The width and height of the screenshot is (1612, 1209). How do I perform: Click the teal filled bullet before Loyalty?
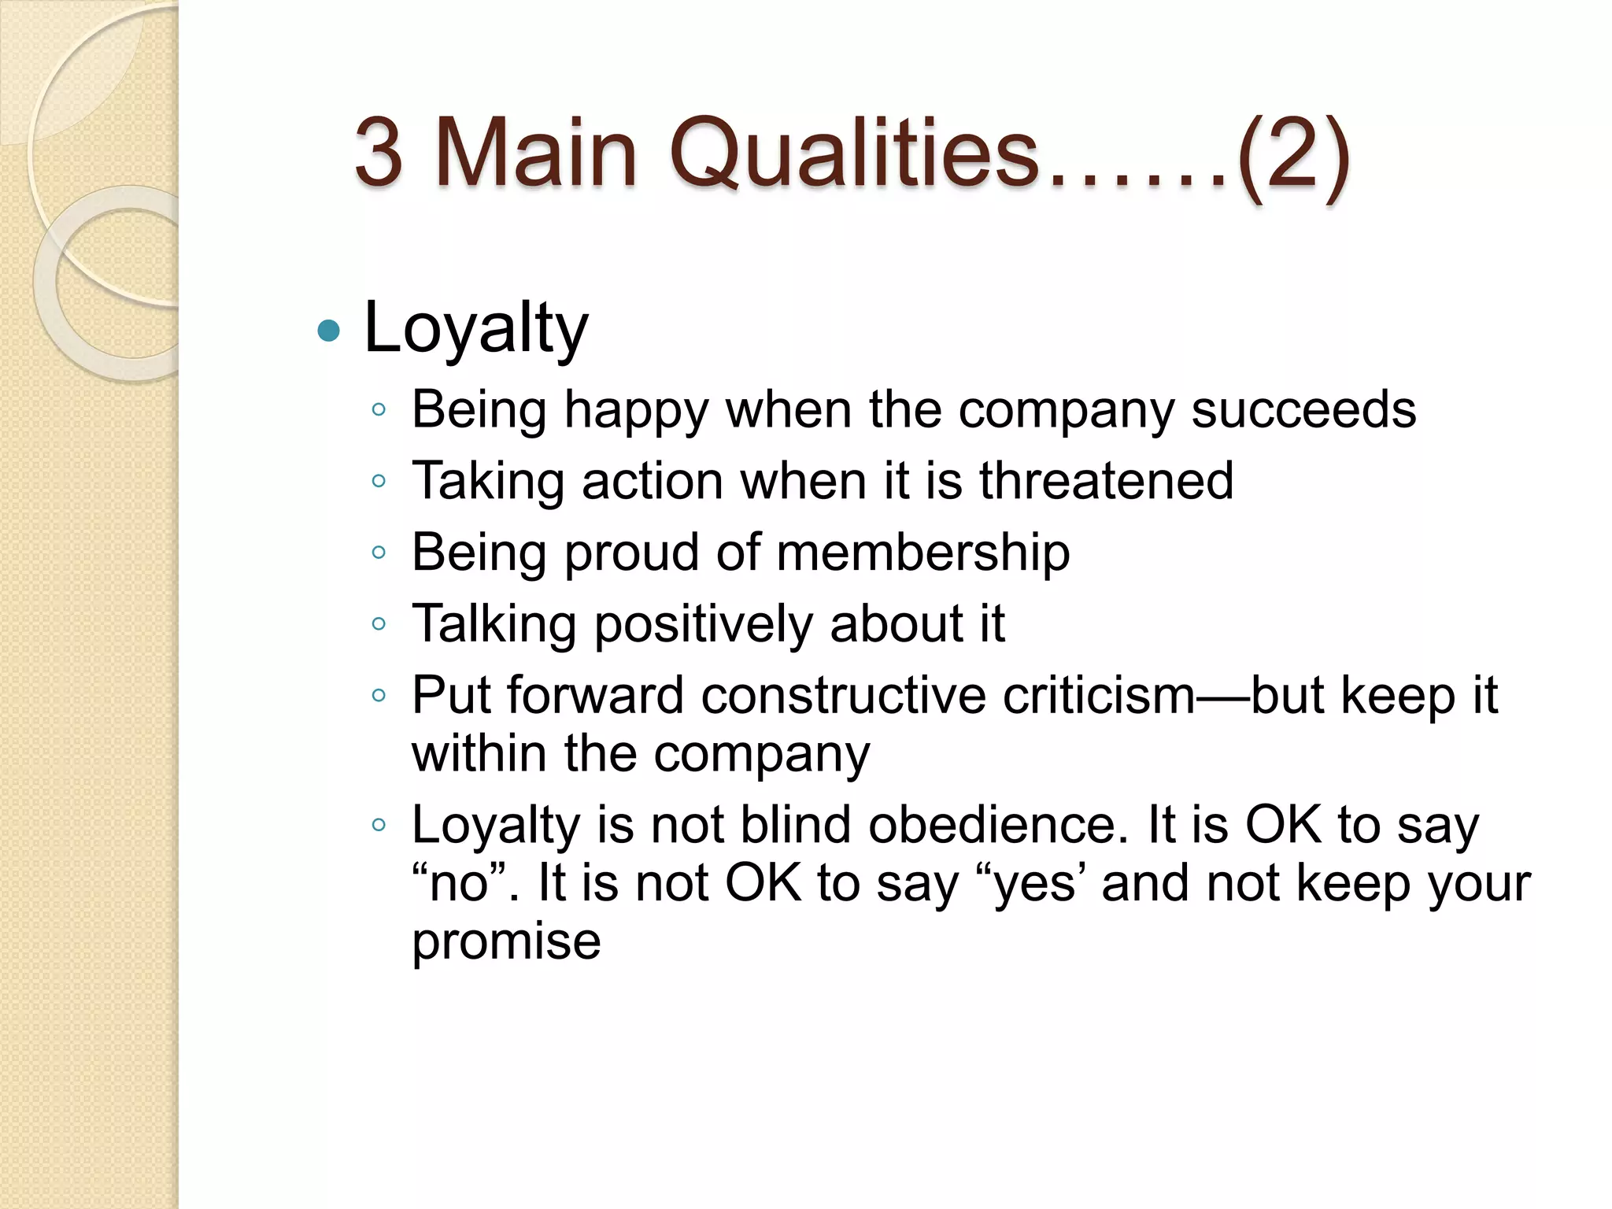coord(328,331)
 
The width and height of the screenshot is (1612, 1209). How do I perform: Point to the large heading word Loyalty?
coord(475,329)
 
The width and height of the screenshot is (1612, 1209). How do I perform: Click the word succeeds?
coord(1303,410)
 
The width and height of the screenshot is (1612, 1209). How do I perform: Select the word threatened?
coord(1106,481)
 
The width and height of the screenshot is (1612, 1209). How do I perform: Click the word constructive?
coord(842,696)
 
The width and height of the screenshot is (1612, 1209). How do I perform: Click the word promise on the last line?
coord(506,941)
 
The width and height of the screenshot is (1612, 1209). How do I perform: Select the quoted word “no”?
coord(459,883)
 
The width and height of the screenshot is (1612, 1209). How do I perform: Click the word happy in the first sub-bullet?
coord(637,411)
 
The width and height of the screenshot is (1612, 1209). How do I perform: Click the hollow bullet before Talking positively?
coord(379,624)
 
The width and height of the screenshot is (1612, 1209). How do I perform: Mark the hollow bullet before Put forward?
coord(379,696)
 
